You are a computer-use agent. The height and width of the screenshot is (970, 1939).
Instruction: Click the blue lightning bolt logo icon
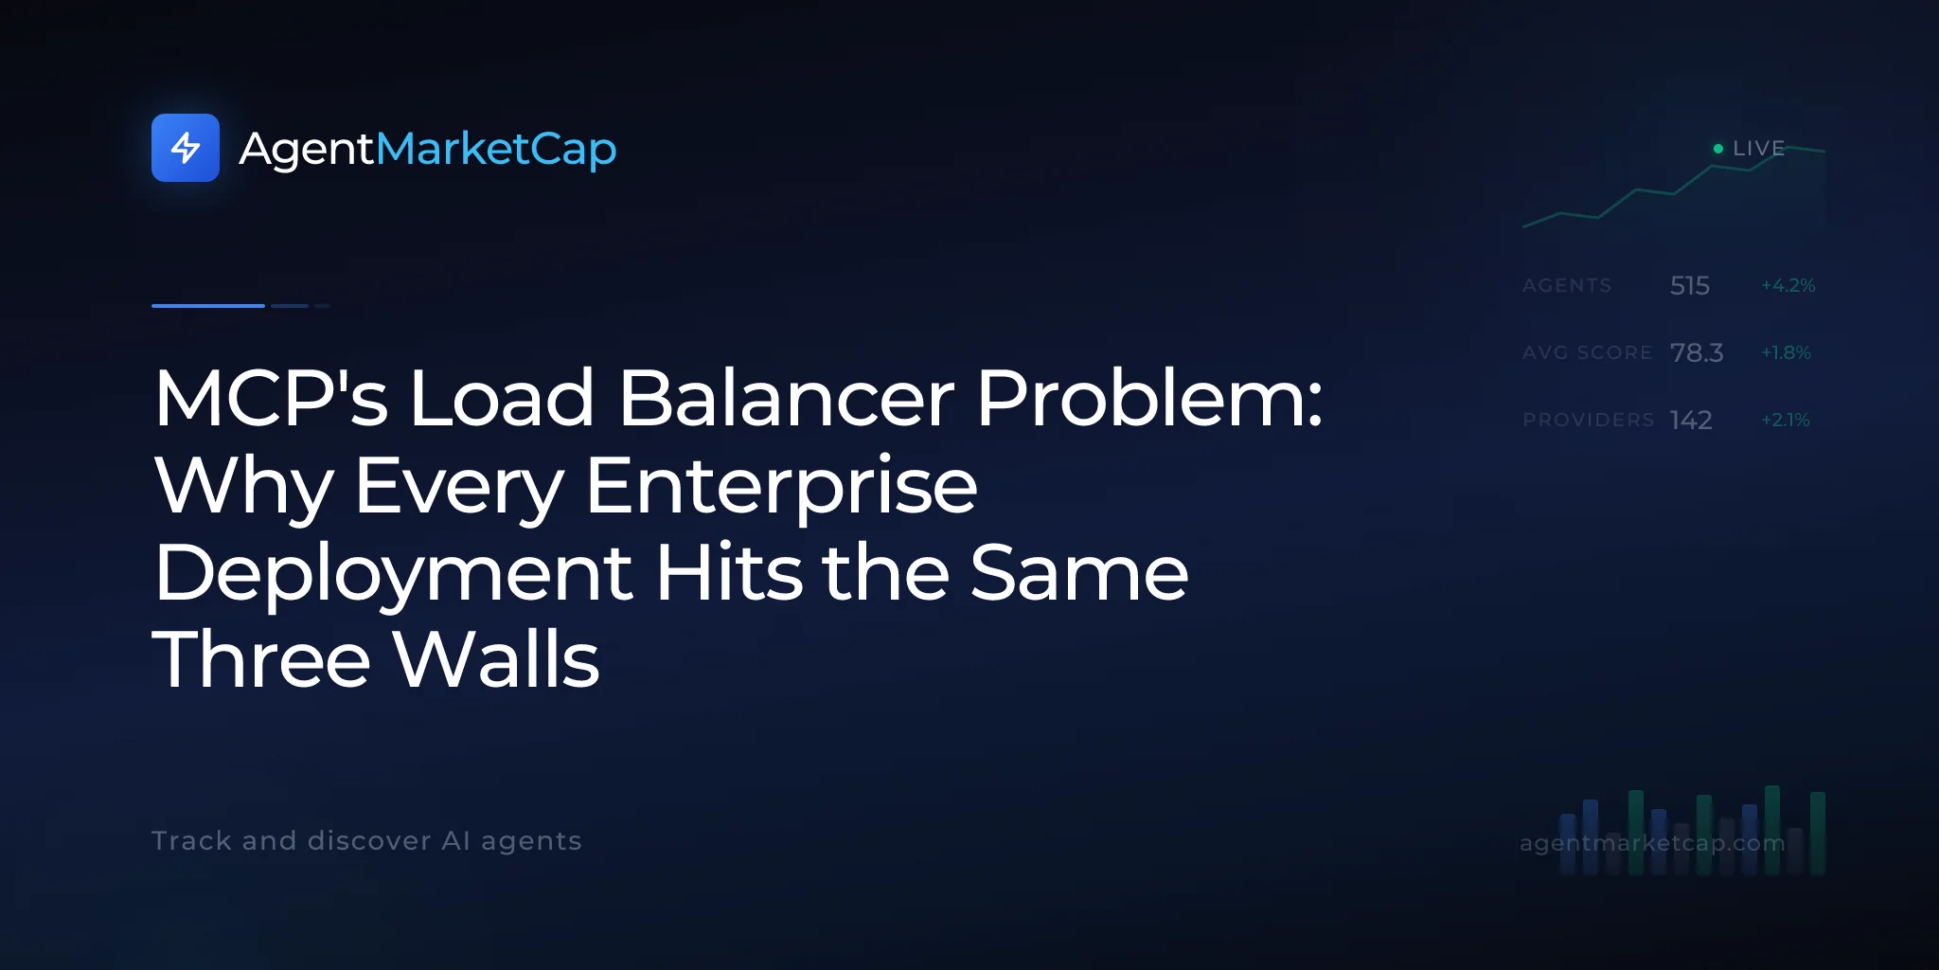pyautogui.click(x=186, y=148)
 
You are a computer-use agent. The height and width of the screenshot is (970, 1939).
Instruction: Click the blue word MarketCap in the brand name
pyautogui.click(x=496, y=150)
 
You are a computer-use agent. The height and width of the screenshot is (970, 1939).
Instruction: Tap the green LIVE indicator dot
pyautogui.click(x=1718, y=149)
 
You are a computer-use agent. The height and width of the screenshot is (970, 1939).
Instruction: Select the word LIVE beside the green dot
pyautogui.click(x=1758, y=149)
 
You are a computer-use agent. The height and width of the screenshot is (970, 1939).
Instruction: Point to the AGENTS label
pyautogui.click(x=1567, y=285)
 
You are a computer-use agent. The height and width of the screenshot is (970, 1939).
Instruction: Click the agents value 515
pyautogui.click(x=1690, y=285)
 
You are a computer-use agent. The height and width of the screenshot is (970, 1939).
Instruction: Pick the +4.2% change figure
pyautogui.click(x=1788, y=285)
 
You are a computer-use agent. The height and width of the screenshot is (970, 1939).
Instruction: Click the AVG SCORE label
pyautogui.click(x=1587, y=352)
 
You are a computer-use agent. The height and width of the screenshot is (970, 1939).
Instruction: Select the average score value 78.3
pyautogui.click(x=1697, y=352)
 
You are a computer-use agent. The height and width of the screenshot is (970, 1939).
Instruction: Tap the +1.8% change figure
pyautogui.click(x=1786, y=352)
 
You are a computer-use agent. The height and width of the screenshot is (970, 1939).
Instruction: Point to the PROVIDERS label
pyautogui.click(x=1589, y=420)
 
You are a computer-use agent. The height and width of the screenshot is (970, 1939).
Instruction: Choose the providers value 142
pyautogui.click(x=1691, y=420)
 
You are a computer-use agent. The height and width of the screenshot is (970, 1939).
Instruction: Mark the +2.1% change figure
pyautogui.click(x=1785, y=420)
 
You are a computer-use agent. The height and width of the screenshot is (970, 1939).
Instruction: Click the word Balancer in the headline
pyautogui.click(x=786, y=398)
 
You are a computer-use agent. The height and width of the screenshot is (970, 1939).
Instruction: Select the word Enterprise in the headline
pyautogui.click(x=781, y=487)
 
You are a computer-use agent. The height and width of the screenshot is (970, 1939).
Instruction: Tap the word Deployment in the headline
pyautogui.click(x=393, y=574)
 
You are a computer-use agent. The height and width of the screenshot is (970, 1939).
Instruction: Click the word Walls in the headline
pyautogui.click(x=497, y=659)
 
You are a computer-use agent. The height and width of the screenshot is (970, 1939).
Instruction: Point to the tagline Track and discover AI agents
pyautogui.click(x=366, y=841)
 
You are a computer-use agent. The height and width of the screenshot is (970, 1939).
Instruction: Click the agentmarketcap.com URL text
pyautogui.click(x=1652, y=842)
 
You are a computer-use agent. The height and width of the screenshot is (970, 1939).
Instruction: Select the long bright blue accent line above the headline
pyautogui.click(x=208, y=306)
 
